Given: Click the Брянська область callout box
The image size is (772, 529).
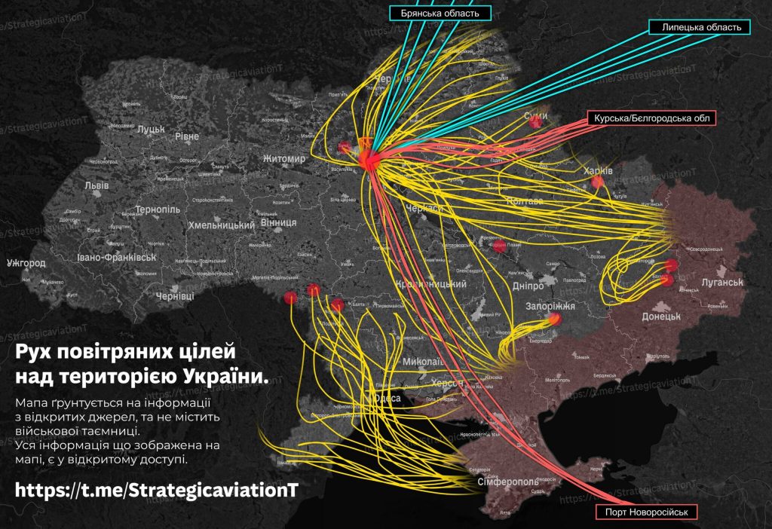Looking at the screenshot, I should coord(440,12).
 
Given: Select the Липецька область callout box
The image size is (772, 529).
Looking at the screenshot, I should coord(700,27).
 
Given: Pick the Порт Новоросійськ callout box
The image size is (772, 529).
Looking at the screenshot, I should coord(646,512).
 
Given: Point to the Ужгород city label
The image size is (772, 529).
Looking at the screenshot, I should coord(26,264).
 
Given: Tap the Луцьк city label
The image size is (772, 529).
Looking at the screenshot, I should coord(151,130).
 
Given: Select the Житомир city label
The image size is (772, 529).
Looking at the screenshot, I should coord(284,160).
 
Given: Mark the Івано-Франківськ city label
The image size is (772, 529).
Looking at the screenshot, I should coord(116,258).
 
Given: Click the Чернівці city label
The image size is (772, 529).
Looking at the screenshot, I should coord(175,297).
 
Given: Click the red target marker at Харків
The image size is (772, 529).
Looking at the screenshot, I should coord(598,182).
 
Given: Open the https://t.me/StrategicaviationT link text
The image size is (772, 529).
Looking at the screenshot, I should coord(157,490).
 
